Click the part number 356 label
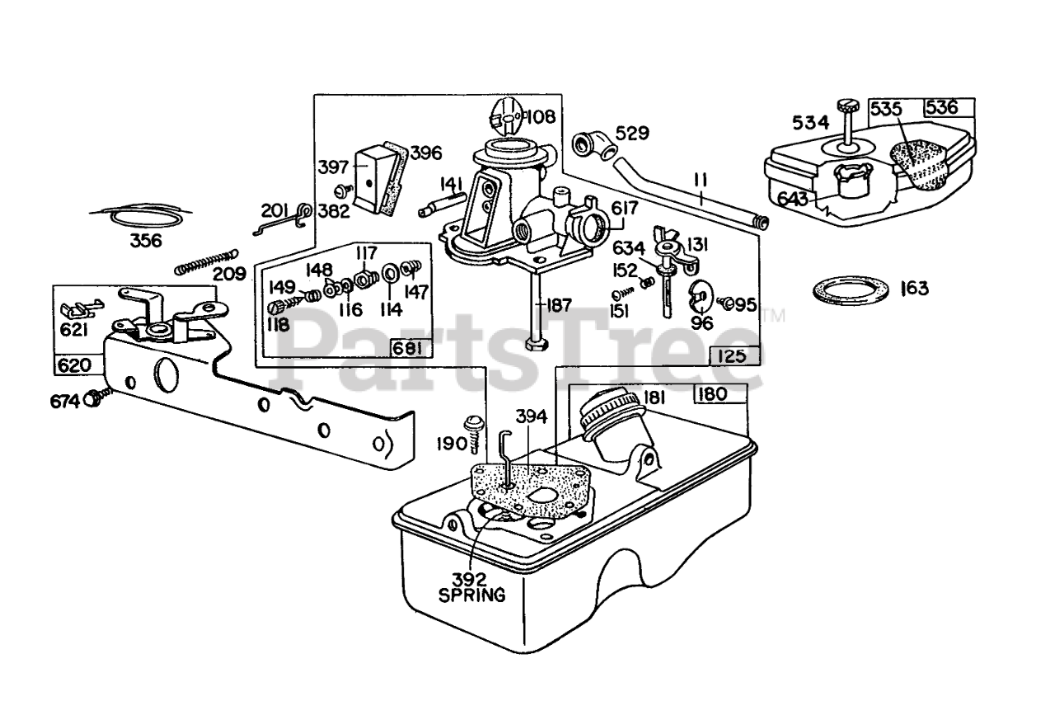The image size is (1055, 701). click(x=146, y=241)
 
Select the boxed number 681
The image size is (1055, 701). click(x=407, y=349)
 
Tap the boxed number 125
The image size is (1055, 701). click(x=734, y=355)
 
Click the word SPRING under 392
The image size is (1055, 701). click(x=472, y=595)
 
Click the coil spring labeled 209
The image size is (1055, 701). click(x=206, y=262)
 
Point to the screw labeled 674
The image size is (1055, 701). click(x=98, y=398)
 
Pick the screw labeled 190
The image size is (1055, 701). click(x=474, y=433)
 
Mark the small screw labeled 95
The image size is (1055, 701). click(x=724, y=303)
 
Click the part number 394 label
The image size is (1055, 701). click(x=532, y=416)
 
